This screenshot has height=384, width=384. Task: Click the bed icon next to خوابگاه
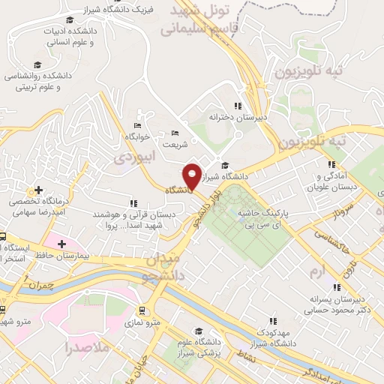[136, 125]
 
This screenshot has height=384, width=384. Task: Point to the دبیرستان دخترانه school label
[238, 117]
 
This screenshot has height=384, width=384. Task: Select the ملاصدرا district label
[86, 348]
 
